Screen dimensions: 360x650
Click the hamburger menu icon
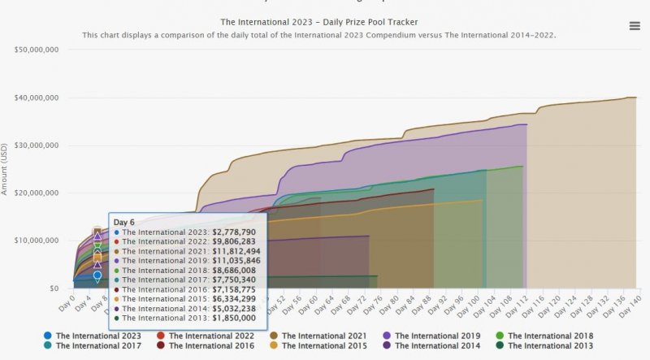[x=635, y=26]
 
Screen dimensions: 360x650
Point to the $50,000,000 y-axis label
[x=36, y=50]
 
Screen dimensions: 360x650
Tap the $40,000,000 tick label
[x=36, y=98]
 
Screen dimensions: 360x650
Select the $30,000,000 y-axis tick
[x=36, y=145]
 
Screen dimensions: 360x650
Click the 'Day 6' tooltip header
[x=123, y=222]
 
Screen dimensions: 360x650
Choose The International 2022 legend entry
[x=205, y=336]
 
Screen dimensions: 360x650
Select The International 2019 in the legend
[x=434, y=336]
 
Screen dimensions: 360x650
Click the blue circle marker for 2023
[x=97, y=275]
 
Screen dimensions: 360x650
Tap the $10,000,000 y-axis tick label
[x=36, y=241]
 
